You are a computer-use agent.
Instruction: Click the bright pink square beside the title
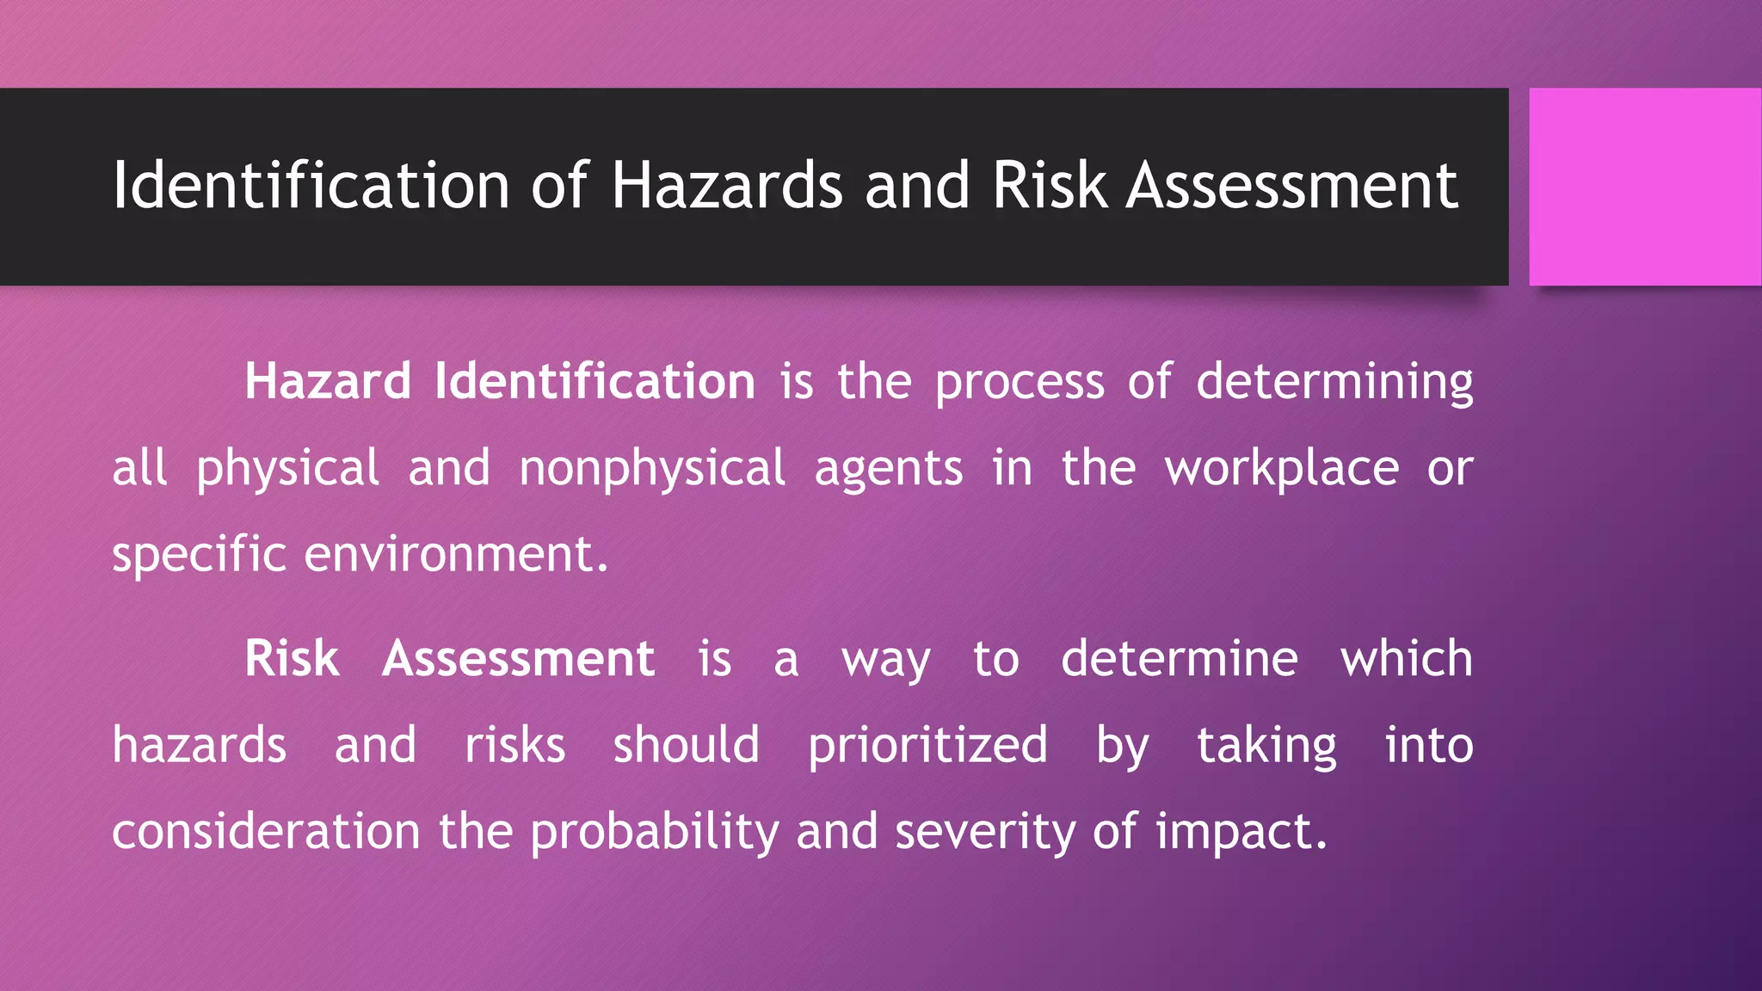1645,186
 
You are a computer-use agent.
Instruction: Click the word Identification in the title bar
311,186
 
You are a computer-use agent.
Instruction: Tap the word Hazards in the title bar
727,186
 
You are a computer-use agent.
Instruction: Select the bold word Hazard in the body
328,381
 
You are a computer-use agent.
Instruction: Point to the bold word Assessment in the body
518,659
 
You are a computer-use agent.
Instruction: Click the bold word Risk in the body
292,659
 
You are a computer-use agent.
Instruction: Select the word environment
456,554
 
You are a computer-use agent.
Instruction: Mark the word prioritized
927,746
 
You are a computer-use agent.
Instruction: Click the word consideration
266,832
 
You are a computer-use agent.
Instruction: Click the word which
1406,659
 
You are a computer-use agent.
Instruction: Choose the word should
686,745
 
